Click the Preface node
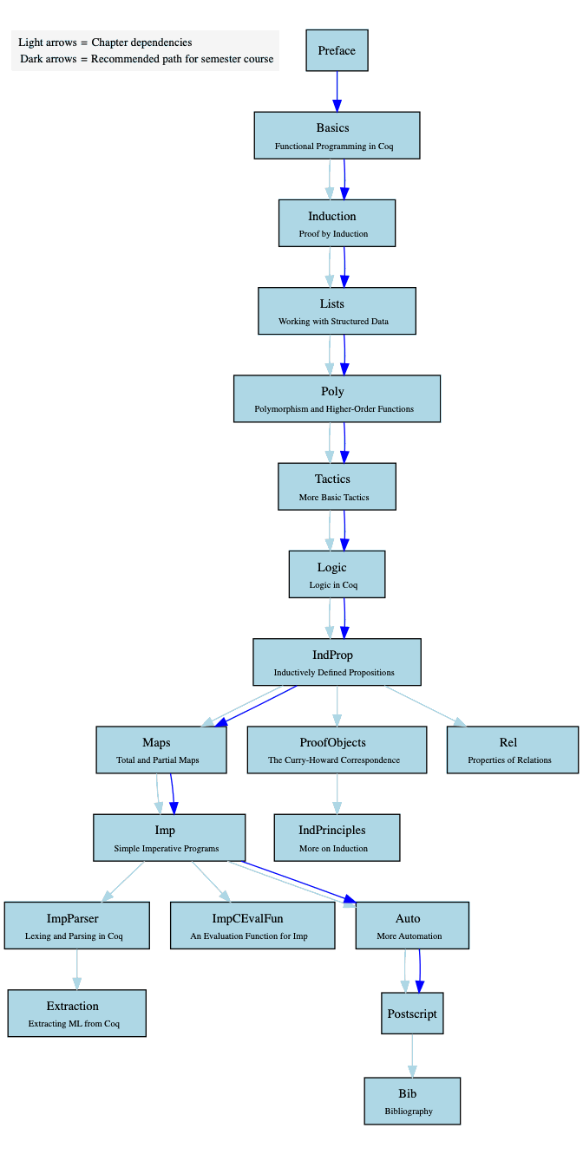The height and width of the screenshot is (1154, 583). [337, 50]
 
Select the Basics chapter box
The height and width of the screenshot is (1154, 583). [337, 135]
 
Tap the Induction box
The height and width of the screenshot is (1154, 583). [337, 223]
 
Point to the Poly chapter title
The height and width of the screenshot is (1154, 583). [332, 392]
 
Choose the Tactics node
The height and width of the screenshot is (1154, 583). [337, 486]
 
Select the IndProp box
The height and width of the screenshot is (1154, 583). [337, 662]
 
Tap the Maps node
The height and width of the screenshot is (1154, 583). [161, 750]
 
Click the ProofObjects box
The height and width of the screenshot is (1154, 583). [337, 750]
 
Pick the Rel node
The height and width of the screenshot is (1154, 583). [512, 750]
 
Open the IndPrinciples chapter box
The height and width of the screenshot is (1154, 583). [337, 838]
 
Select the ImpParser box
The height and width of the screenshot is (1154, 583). [77, 925]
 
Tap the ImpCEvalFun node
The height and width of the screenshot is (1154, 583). [252, 925]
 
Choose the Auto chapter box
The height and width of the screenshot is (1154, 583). [412, 925]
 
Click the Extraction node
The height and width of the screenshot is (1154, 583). [77, 1013]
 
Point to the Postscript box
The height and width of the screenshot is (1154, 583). [412, 1013]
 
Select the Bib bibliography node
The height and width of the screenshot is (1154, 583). [412, 1101]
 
